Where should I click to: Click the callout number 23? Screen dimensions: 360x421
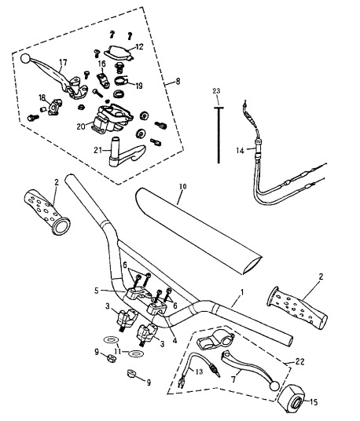(216, 91)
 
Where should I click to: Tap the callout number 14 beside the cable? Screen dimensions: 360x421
(240, 151)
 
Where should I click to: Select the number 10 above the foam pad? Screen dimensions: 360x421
(182, 186)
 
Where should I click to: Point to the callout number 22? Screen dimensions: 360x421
(299, 361)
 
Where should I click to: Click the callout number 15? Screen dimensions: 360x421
(314, 402)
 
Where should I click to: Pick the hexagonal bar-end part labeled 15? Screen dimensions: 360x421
(292, 400)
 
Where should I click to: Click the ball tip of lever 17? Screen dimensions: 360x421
(25, 59)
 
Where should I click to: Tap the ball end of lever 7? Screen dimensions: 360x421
(274, 386)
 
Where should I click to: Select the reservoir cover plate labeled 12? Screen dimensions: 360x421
(119, 53)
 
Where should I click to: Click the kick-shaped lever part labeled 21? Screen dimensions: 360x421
(127, 152)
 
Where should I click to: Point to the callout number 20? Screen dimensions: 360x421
(81, 126)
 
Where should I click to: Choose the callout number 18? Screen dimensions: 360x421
(42, 97)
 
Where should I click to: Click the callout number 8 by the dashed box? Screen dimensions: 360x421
(178, 81)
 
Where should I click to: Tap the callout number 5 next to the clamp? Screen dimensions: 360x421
(97, 291)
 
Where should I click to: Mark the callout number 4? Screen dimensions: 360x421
(175, 341)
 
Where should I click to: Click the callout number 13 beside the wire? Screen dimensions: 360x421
(199, 372)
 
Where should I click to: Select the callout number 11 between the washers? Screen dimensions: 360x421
(118, 351)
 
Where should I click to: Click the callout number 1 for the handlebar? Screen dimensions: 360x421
(242, 292)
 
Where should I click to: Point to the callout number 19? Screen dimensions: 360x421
(139, 86)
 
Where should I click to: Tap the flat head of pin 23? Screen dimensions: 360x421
(219, 108)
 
